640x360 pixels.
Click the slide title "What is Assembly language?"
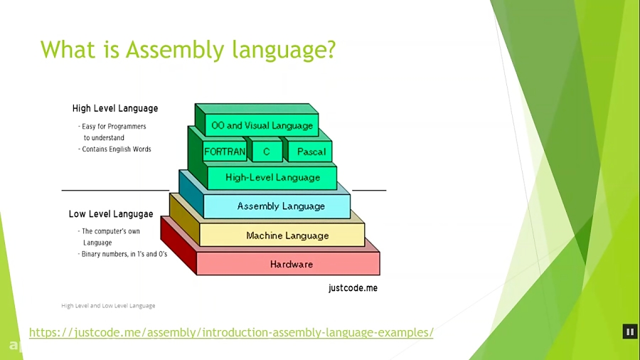point(188,50)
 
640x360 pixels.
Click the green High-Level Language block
point(272,178)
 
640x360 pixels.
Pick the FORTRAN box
point(225,152)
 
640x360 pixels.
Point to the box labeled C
point(267,152)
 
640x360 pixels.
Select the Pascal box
point(311,152)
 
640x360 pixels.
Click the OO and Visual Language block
point(262,126)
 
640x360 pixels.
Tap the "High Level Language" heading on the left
point(115,109)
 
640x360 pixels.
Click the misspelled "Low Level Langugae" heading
point(111,214)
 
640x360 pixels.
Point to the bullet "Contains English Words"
point(116,149)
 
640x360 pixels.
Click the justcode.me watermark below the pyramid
point(353,288)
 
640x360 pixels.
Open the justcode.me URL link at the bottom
point(231,333)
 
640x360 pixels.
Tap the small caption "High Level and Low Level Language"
point(108,306)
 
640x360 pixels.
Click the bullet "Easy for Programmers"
point(113,127)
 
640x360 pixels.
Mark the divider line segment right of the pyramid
point(369,191)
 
